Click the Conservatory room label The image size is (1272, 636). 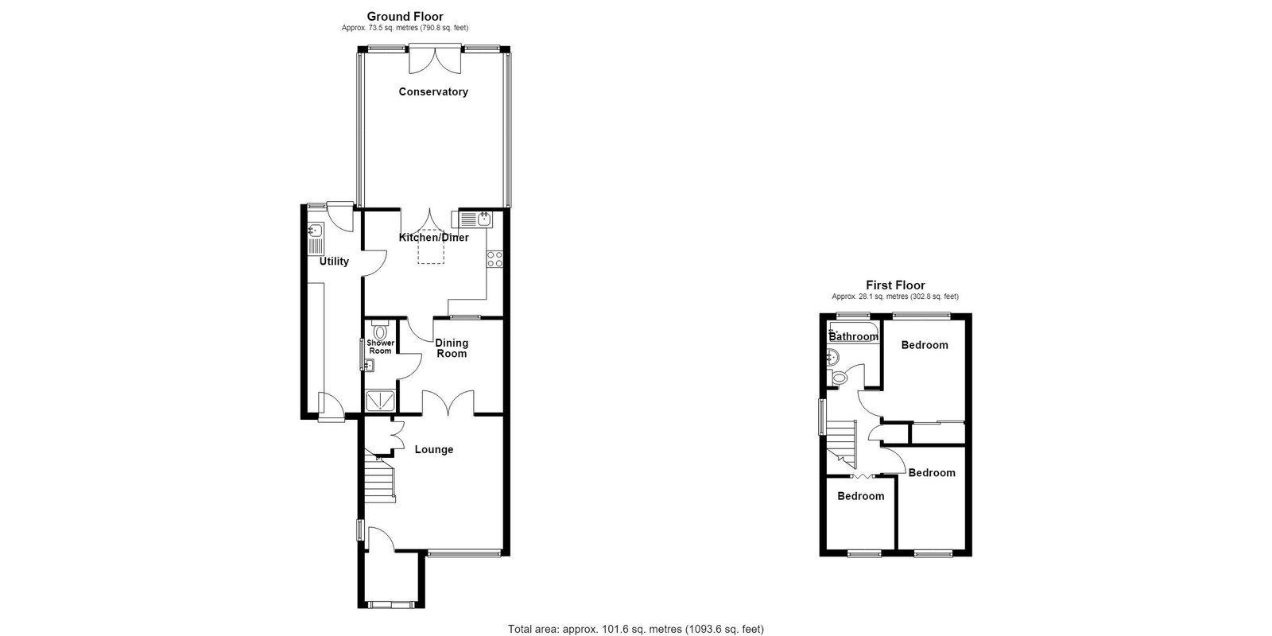point(433,92)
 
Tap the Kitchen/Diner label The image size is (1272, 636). point(434,238)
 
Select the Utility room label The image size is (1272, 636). point(334,262)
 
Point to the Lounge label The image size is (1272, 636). point(434,450)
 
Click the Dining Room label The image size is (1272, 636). point(452,348)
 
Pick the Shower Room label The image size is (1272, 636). point(381,347)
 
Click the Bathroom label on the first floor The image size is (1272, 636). point(854,337)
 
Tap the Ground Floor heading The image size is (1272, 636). point(405,17)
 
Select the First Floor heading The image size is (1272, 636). point(895,285)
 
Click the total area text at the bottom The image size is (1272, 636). point(636,629)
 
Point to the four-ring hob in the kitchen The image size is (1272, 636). point(494,259)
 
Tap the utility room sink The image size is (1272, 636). point(315,239)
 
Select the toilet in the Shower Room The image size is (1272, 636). point(380,329)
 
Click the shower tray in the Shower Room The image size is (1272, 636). point(380,401)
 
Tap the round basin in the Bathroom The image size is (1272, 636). point(833,358)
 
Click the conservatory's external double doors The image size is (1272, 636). point(435,60)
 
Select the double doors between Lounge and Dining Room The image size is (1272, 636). point(448,403)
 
